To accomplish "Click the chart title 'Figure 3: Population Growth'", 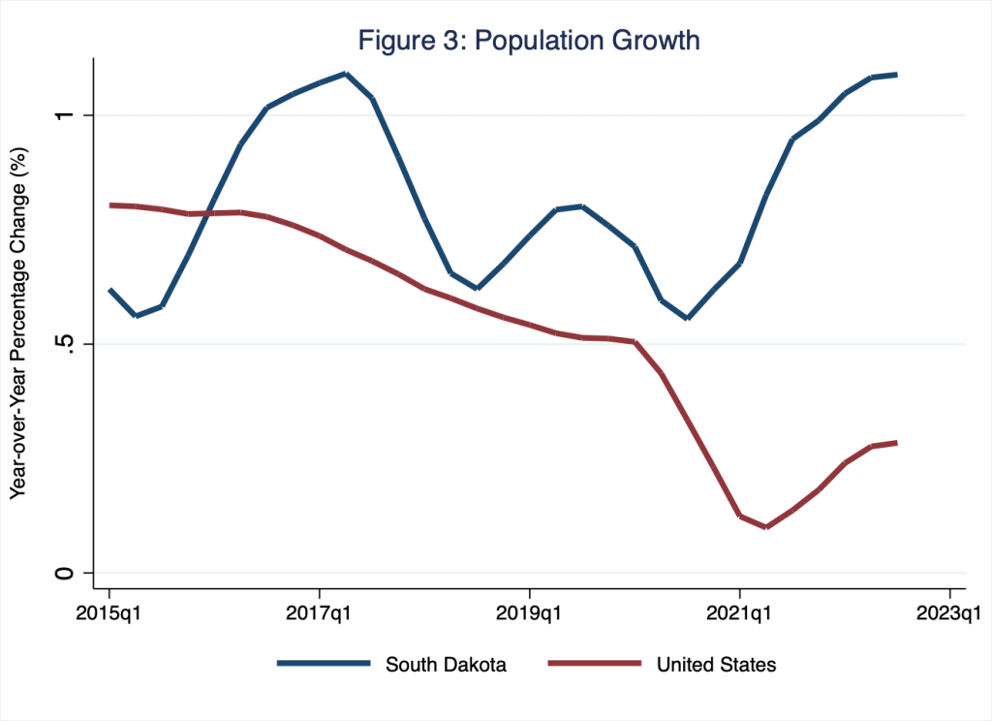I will click(x=529, y=41).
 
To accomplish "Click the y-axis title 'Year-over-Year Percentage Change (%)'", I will click(x=17, y=324).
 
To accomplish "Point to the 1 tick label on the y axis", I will click(x=65, y=115).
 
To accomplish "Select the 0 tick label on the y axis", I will click(x=65, y=573).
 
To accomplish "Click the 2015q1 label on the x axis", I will click(x=109, y=613).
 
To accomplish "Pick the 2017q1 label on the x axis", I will click(x=320, y=613).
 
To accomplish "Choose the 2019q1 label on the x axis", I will click(x=529, y=613).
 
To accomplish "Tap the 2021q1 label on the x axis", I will click(x=739, y=613).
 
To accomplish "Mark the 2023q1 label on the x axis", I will click(x=949, y=613).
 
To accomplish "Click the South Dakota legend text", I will click(x=445, y=665).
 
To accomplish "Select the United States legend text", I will click(x=716, y=665).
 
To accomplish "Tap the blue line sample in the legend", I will click(x=324, y=665).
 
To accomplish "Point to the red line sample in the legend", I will click(x=595, y=665).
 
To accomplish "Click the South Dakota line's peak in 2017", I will click(x=345, y=74).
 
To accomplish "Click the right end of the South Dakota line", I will click(x=896, y=75).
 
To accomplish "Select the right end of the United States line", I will click(x=896, y=443).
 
